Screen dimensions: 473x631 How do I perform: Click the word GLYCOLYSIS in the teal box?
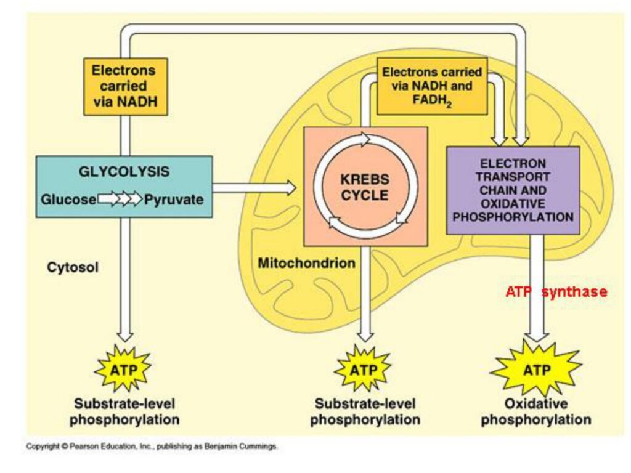pos(124,172)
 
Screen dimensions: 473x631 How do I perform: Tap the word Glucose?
pos(68,200)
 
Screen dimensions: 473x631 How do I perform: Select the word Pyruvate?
pos(174,200)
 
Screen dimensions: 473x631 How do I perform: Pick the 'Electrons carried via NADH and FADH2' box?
pos(431,87)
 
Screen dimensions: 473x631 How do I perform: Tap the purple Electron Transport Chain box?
pos(513,190)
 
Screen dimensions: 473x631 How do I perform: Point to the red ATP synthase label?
pos(556,292)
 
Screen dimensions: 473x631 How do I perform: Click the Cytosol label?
pos(73,268)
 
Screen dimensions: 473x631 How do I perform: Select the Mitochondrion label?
pos(306,263)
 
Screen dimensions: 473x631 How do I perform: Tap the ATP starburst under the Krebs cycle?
pos(363,370)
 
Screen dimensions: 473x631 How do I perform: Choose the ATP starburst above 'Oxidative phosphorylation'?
pos(535,371)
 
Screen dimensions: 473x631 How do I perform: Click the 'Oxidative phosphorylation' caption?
pos(535,412)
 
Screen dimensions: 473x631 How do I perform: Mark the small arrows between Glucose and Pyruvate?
pos(120,200)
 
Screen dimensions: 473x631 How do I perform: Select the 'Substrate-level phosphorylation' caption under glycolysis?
pos(124,412)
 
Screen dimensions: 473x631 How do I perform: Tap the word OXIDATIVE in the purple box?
pos(513,204)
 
